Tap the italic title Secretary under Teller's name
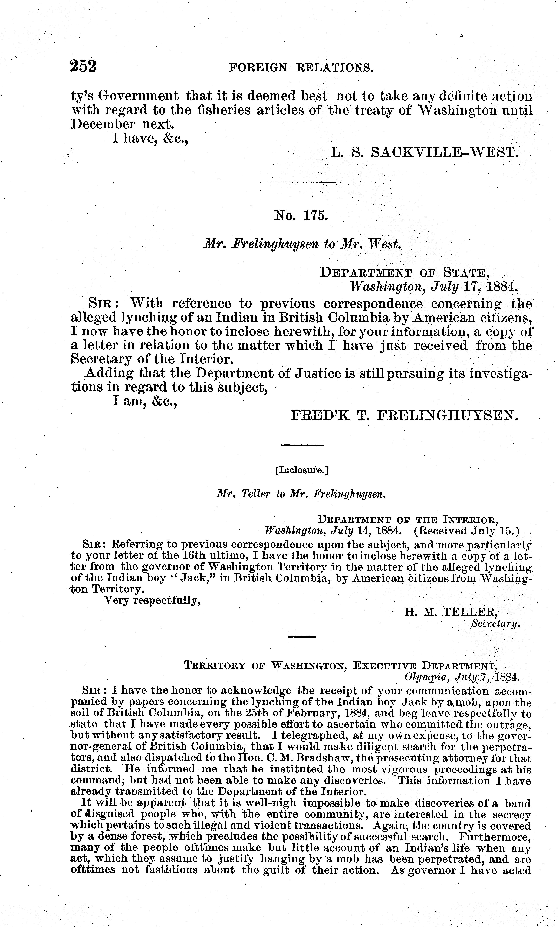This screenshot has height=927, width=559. point(495,623)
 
